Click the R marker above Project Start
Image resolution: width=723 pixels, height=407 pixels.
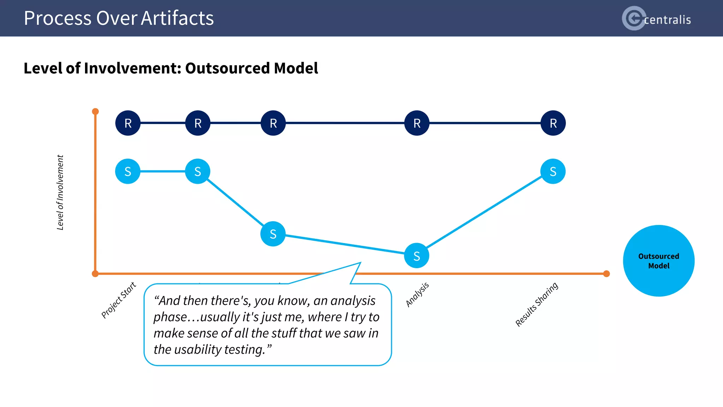128,123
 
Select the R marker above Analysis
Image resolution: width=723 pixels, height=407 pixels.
417,123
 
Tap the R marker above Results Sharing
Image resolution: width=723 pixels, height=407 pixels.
553,123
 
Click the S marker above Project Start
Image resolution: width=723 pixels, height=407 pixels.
128,171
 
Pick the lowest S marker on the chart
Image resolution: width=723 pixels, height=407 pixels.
417,255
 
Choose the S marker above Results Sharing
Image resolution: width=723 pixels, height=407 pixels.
553,171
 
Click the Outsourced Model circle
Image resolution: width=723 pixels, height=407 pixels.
659,261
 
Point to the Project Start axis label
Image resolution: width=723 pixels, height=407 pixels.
119,300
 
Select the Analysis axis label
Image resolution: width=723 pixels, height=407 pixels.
417,294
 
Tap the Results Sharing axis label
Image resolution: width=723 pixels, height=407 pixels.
537,304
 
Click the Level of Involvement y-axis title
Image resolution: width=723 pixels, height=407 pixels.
60,193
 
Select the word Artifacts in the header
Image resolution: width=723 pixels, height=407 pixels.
177,18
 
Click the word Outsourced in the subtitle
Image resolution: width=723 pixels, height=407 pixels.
227,68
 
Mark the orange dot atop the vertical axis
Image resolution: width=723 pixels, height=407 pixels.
95,112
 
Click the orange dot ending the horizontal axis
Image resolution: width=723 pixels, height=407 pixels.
607,274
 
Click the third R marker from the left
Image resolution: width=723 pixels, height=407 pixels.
273,123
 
